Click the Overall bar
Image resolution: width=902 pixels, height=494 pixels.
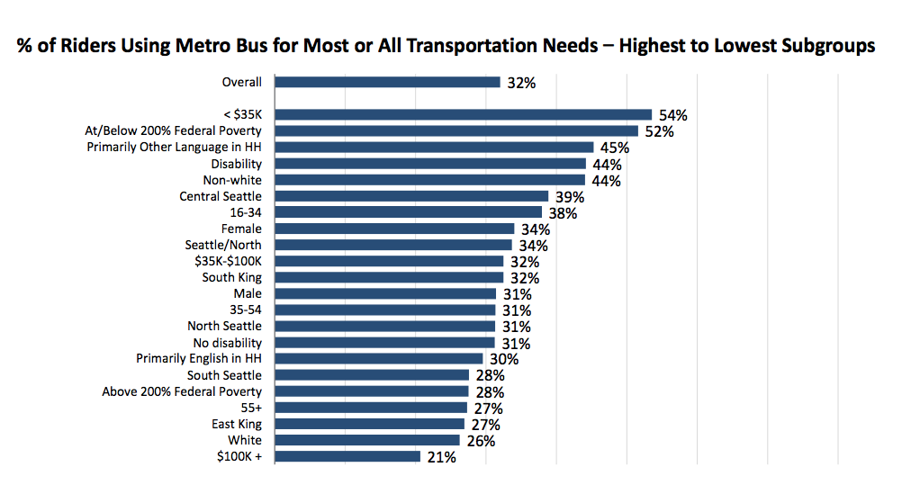coord(387,82)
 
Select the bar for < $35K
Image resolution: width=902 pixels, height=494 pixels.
coord(463,114)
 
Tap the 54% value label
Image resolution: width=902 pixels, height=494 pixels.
coord(673,115)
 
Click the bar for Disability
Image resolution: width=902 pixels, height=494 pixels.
coord(430,164)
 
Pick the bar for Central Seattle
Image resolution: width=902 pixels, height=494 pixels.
coord(411,196)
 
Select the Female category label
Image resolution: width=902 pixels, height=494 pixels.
coord(241,229)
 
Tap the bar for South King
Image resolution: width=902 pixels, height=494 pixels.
coord(389,277)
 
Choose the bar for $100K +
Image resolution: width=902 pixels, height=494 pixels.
coord(347,456)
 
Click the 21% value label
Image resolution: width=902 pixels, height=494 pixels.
coord(442,457)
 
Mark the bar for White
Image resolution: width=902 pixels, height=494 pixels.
coord(367,440)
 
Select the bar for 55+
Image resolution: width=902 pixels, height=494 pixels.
coord(371,408)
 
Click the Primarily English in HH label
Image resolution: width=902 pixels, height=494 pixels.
coord(199,358)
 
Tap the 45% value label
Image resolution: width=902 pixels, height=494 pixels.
coord(615,148)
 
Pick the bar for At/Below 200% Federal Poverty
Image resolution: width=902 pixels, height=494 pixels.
coord(456,130)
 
